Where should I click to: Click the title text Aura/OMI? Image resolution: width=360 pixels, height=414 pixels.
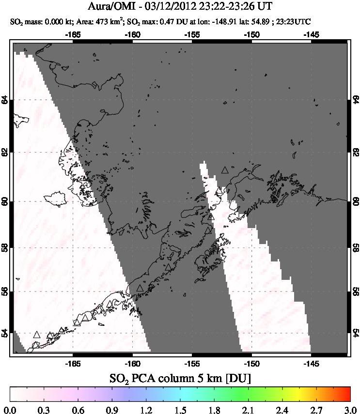pyautogui.click(x=115, y=7)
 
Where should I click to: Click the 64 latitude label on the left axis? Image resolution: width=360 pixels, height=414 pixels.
pyautogui.click(x=5, y=100)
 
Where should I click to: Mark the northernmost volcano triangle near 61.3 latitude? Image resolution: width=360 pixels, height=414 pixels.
pyautogui.click(x=224, y=170)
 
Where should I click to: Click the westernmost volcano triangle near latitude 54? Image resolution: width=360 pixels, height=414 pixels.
pyautogui.click(x=37, y=335)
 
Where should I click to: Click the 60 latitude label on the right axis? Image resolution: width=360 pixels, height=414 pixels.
pyautogui.click(x=355, y=201)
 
